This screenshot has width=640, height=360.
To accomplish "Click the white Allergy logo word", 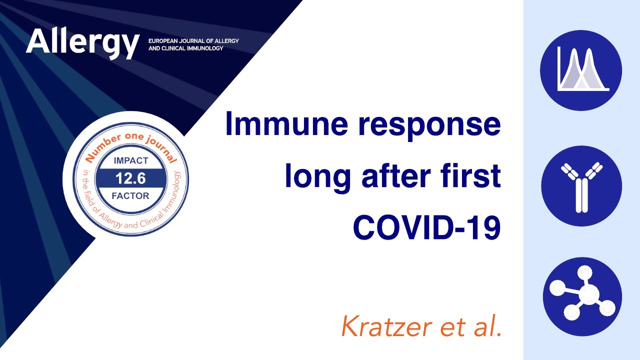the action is [x=82, y=42].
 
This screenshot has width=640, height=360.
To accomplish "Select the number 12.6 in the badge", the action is [x=130, y=178].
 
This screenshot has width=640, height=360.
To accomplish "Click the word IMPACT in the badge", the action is [x=131, y=160].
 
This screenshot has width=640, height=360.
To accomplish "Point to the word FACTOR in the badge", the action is [x=130, y=196].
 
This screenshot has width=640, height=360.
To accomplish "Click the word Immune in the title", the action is [x=286, y=124].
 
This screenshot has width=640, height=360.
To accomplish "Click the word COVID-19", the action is [x=427, y=227].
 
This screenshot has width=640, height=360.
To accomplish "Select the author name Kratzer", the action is [x=387, y=326].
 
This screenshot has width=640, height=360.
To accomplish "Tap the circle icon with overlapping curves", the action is [x=581, y=70].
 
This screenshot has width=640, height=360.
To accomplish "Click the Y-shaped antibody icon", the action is [x=581, y=185].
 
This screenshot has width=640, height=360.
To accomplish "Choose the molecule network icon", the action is [x=582, y=296].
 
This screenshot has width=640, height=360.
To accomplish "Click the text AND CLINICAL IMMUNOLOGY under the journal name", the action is [x=185, y=48].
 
